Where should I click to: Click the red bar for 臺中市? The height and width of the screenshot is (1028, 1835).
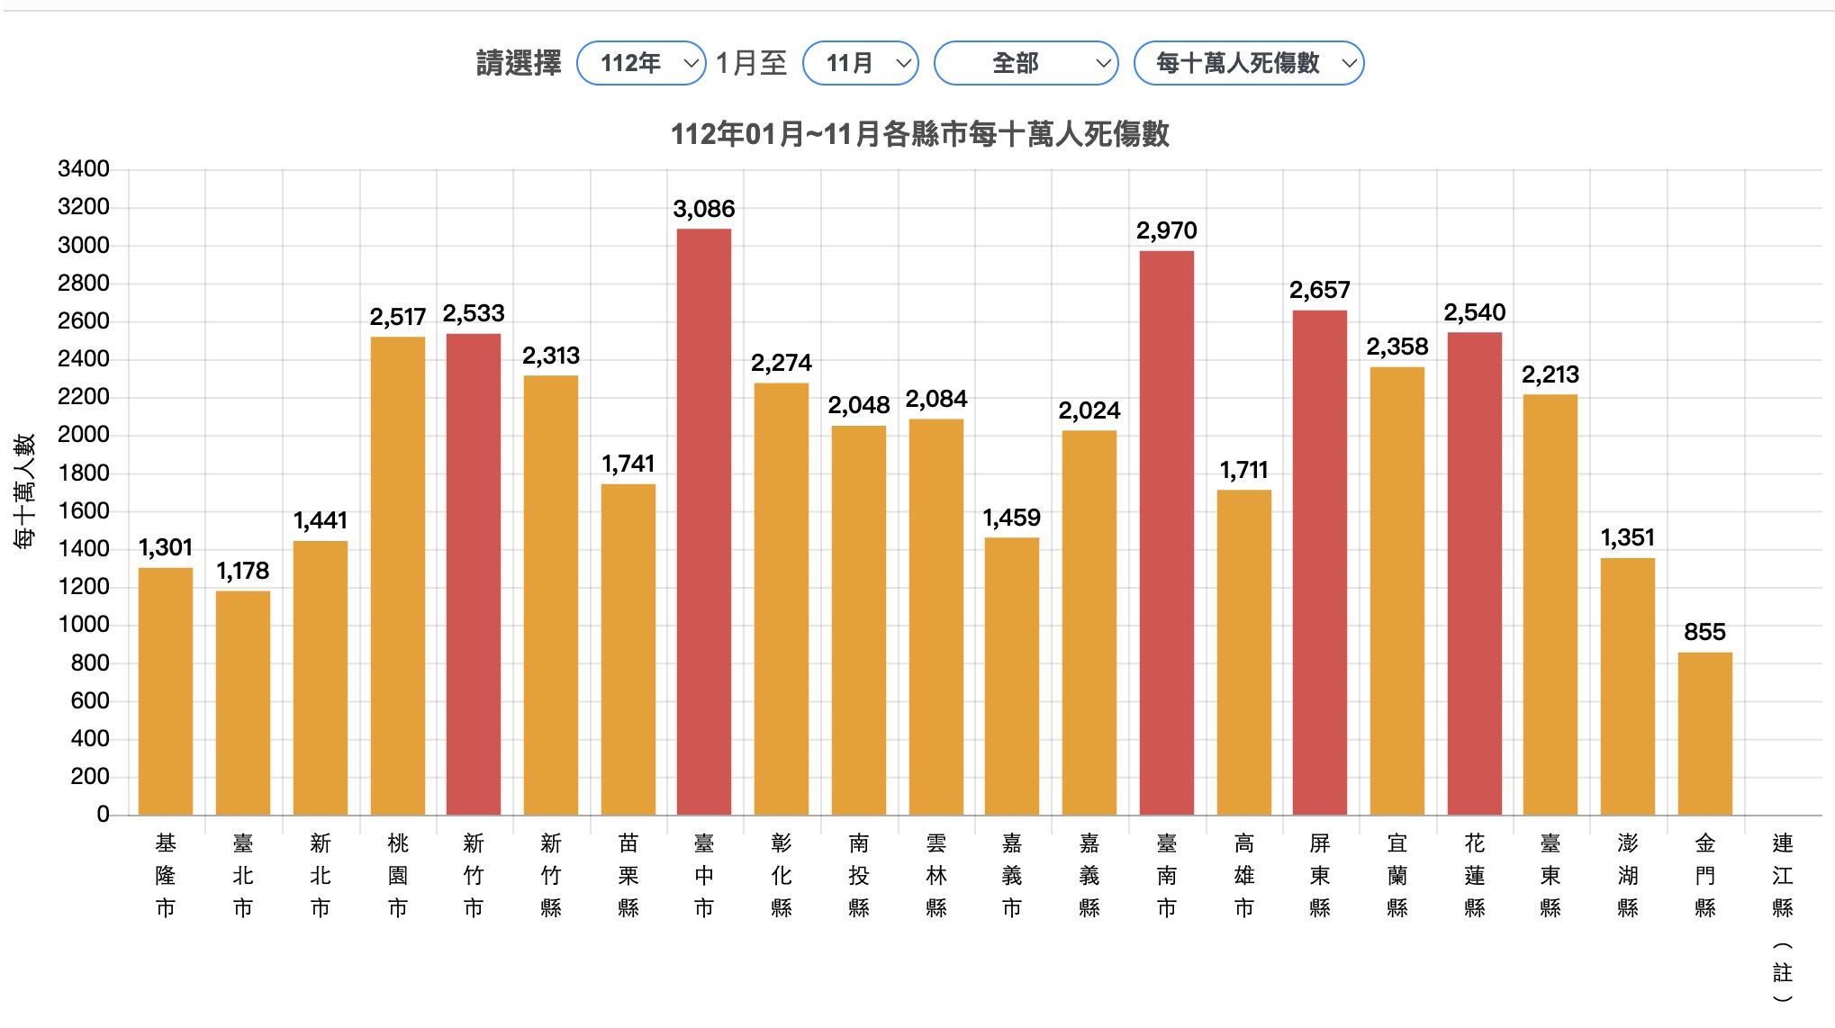pos(704,522)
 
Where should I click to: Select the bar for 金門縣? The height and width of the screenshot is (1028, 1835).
pos(1704,734)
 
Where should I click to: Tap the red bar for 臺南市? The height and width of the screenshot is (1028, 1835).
pos(1166,533)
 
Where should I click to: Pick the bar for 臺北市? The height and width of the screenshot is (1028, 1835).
pos(243,702)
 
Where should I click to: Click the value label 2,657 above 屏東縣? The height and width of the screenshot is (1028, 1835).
pos(1319,290)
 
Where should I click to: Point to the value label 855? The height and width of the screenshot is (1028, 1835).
pos(1704,632)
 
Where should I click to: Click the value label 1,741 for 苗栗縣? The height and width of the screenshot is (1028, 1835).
pos(628,464)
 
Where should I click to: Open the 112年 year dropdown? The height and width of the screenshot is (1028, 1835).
pos(641,63)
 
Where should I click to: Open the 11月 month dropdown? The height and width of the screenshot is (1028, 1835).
pos(860,63)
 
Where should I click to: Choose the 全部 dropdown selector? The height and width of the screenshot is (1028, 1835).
pos(1026,63)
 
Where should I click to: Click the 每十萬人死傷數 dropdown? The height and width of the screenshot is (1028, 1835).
pos(1248,63)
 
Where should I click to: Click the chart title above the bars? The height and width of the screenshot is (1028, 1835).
pos(919,135)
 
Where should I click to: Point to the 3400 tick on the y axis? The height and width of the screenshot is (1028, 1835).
pos(84,169)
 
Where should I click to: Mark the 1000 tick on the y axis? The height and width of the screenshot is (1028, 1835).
pos(84,625)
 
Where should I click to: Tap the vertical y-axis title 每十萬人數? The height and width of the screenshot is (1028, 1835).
pos(25,491)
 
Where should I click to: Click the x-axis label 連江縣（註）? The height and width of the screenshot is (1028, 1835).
pos(1782,918)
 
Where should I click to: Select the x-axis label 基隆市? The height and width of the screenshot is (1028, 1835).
pos(166,875)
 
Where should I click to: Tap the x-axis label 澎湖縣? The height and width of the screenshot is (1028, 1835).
pos(1627,875)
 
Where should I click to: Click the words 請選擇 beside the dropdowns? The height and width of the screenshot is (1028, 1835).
pos(519,63)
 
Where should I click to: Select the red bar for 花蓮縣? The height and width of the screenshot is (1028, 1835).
pos(1474,573)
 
